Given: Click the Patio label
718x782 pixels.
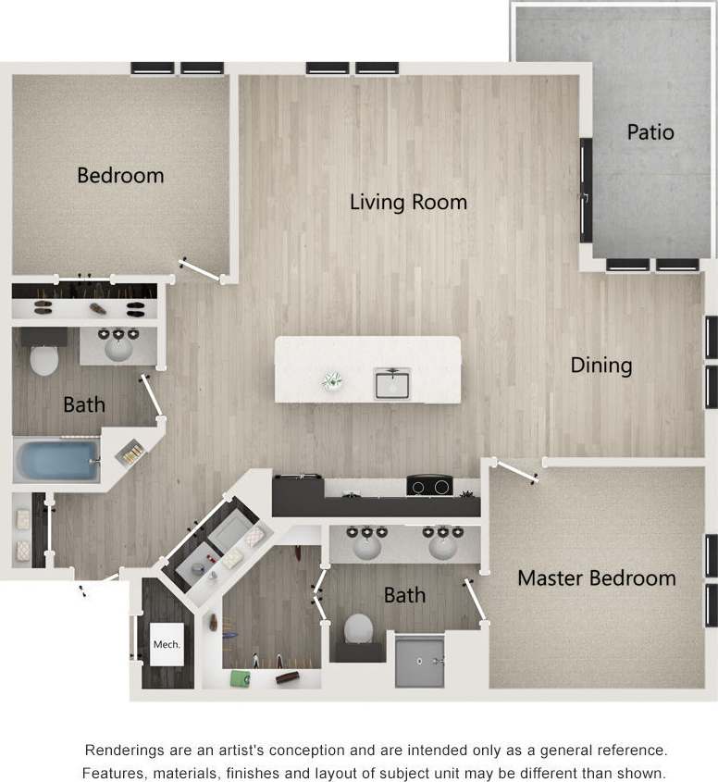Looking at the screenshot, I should click(650, 131).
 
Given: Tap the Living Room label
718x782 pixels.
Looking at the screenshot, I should click(408, 202).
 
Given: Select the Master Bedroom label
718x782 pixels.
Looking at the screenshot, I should click(596, 578).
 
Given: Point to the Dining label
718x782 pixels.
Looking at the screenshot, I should click(600, 365).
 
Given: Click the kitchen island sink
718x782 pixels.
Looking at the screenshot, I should click(391, 382).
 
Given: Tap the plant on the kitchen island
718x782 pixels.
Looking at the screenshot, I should click(331, 379).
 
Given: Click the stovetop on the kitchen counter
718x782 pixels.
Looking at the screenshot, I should click(429, 485).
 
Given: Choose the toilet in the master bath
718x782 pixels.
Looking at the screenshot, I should click(358, 630).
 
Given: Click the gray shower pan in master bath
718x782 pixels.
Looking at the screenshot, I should click(419, 660).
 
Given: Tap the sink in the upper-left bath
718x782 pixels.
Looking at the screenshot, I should click(118, 347).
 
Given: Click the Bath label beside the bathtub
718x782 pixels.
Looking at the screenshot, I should click(83, 404).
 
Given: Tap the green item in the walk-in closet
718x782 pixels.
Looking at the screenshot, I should click(240, 679).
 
